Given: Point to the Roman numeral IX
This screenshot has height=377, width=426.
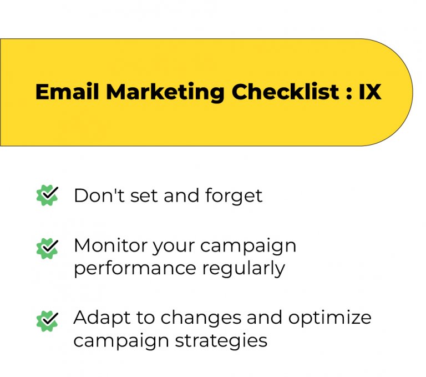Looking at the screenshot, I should (x=370, y=92).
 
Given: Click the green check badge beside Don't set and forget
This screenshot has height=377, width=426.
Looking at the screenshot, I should (x=47, y=195).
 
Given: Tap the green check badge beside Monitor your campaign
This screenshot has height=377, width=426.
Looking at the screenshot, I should (x=47, y=248).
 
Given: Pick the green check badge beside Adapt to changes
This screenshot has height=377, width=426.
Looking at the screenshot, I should (x=47, y=320).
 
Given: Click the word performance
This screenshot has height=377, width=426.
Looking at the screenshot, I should (x=135, y=269).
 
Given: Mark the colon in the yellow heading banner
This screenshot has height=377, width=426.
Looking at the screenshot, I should (x=349, y=93).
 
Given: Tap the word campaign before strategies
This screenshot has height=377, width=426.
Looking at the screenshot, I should (x=119, y=341).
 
